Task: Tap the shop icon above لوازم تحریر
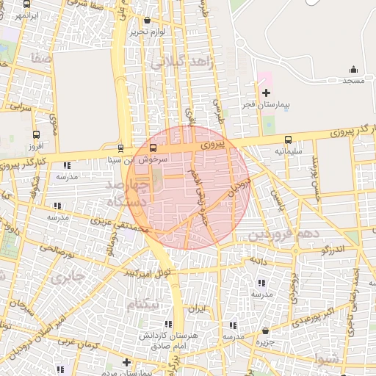pyautogui.click(x=148, y=21)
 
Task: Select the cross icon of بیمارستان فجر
pyautogui.click(x=266, y=93)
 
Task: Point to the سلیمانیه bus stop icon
pyautogui.click(x=287, y=140)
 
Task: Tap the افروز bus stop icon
pyautogui.click(x=37, y=134)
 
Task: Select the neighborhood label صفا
pyautogui.click(x=41, y=57)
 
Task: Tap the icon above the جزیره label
pyautogui.click(x=264, y=330)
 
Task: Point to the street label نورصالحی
pyautogui.click(x=57, y=251)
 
